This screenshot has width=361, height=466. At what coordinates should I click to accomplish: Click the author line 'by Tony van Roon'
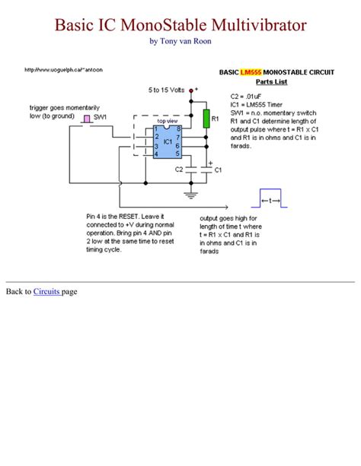[180, 41]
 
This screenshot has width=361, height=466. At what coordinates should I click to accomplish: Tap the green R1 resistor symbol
[206, 118]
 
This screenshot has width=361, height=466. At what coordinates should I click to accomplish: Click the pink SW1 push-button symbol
[87, 119]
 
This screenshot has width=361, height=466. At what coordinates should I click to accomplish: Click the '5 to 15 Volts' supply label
[168, 90]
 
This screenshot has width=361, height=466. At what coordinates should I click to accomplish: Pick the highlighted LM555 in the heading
[250, 71]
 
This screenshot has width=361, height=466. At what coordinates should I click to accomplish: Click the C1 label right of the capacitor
[218, 170]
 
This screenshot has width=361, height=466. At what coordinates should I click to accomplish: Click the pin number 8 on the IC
[178, 129]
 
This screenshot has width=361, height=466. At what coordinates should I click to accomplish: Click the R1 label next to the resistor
[216, 119]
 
